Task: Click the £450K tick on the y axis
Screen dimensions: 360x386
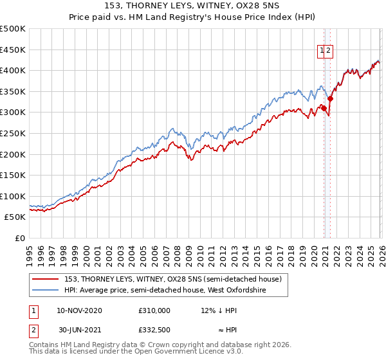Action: (14, 50)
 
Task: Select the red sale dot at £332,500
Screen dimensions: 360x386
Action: (330, 99)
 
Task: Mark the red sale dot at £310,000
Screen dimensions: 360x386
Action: (323, 108)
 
